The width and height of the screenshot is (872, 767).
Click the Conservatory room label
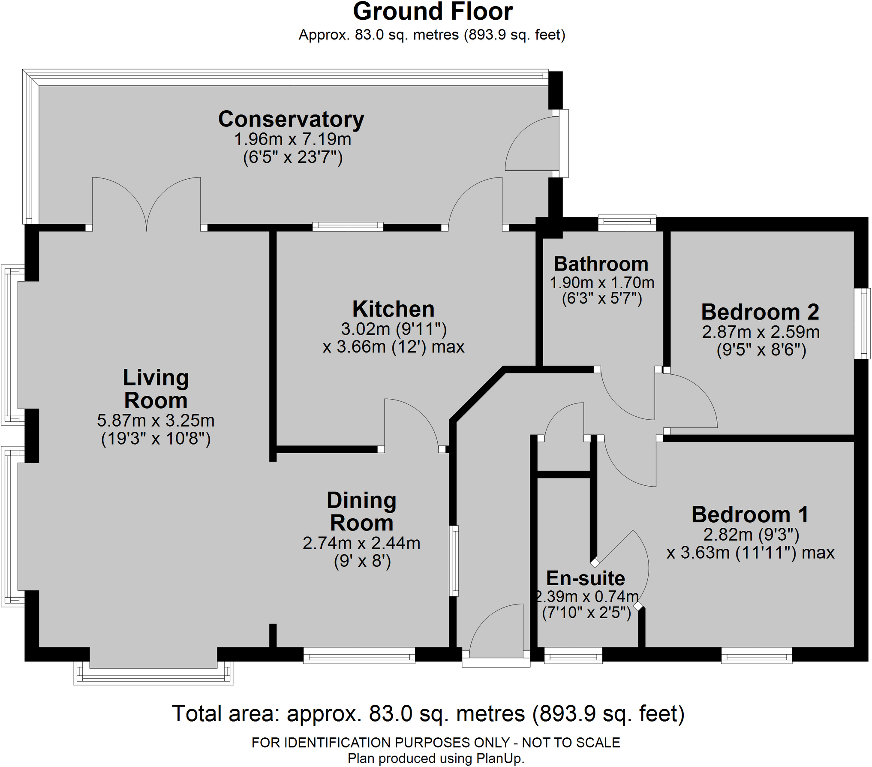click(x=291, y=120)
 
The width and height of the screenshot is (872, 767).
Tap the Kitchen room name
click(x=394, y=309)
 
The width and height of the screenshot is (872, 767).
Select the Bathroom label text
click(x=601, y=264)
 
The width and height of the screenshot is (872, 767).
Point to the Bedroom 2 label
click(x=760, y=312)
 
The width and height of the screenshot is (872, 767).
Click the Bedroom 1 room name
click(x=750, y=514)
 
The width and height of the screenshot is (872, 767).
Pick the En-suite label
click(x=586, y=578)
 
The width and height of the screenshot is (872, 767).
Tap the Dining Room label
click(x=361, y=511)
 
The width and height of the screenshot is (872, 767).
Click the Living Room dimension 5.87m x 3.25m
click(x=156, y=421)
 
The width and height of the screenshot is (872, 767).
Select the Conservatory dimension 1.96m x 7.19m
click(x=292, y=139)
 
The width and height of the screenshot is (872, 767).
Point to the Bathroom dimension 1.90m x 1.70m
click(x=602, y=283)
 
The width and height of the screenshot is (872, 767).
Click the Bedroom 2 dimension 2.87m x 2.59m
click(x=761, y=332)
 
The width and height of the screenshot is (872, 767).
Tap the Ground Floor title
click(x=433, y=12)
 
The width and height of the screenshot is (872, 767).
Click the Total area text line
click(x=428, y=713)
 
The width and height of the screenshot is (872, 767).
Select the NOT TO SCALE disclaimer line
click(x=436, y=742)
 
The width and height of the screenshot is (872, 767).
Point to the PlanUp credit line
click(x=436, y=758)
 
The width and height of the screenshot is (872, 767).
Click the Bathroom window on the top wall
click(x=627, y=222)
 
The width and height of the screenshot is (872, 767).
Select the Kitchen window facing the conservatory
click(x=348, y=226)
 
